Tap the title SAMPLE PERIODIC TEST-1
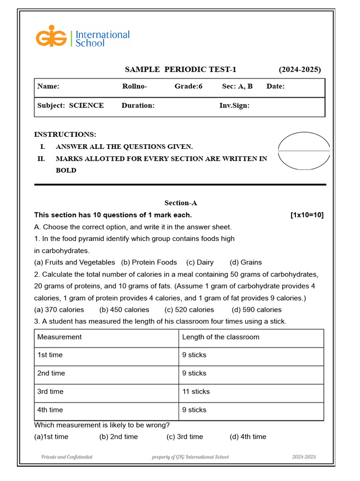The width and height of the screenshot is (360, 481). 180,70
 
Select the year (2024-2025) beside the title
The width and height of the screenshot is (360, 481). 300,70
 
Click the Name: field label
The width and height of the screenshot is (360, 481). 48,86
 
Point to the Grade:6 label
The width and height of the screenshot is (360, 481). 188,86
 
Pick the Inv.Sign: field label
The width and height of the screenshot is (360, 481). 234,106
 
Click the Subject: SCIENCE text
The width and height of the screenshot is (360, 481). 70,106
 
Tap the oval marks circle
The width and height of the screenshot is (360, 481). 304,151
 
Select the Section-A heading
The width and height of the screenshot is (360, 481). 180,203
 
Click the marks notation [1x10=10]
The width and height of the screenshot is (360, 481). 307,215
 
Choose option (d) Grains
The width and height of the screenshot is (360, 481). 246,263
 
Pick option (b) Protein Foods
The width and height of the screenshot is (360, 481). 149,263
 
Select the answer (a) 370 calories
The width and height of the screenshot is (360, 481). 59,310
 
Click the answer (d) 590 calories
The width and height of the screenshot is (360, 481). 256,310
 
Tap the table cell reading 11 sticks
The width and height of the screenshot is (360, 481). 196,392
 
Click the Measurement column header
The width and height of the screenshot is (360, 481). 59,337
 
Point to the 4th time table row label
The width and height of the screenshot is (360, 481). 50,410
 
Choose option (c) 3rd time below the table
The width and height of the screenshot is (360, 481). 185,437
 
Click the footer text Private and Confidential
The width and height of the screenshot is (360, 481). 67,457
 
